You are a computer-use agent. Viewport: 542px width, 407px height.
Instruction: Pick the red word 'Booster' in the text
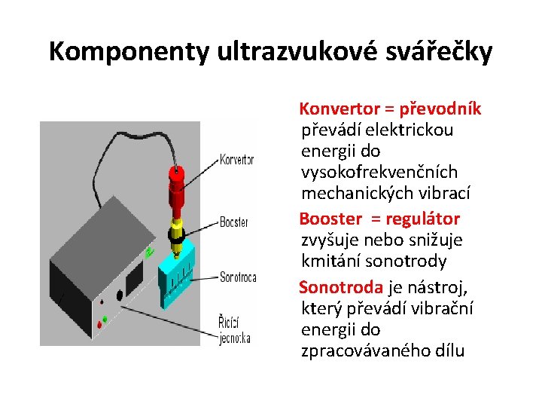pos(330,219)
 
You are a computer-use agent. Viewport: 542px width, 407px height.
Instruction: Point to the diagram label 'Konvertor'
pos(236,160)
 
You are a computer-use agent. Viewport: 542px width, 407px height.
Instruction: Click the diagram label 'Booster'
pos(233,222)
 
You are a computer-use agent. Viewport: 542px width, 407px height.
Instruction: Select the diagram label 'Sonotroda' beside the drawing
pos(238,277)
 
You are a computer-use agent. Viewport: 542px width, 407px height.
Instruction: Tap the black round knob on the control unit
pos(118,295)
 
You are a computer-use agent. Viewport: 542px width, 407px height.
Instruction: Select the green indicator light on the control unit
pos(105,319)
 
